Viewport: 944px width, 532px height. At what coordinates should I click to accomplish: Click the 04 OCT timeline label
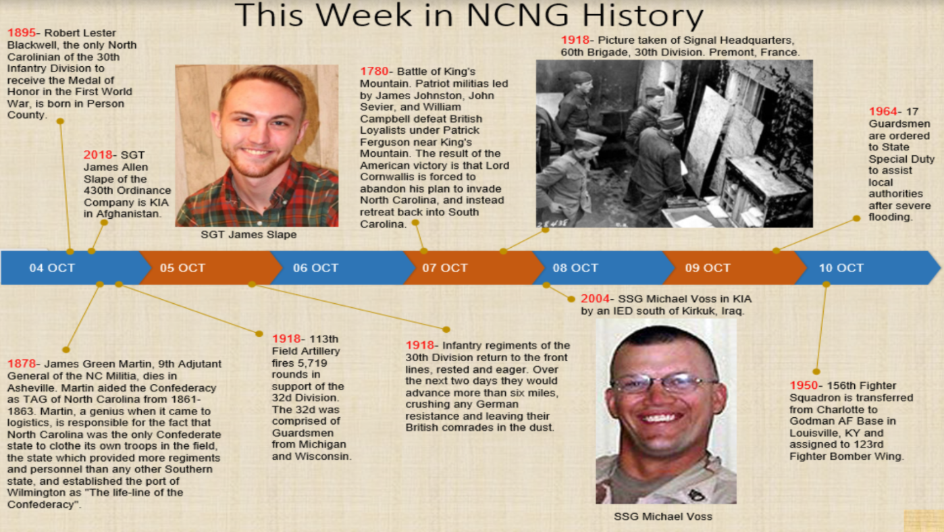(52, 268)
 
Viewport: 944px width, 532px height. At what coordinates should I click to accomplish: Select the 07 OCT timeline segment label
(445, 268)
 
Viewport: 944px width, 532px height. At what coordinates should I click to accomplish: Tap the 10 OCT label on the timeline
(841, 268)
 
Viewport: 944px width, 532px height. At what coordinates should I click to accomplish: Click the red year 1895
(22, 33)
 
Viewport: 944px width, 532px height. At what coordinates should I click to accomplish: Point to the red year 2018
(98, 155)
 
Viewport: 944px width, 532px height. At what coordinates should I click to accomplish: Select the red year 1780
(374, 72)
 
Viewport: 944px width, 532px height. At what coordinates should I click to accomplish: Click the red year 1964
(883, 111)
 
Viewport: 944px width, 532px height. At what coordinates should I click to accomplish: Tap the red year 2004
(595, 298)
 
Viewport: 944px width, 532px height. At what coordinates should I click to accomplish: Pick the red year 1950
(804, 385)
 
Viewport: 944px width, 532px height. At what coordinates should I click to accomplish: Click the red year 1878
(22, 364)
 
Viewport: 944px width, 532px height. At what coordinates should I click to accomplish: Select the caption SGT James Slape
(248, 235)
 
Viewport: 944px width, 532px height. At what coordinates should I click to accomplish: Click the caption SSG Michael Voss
(663, 516)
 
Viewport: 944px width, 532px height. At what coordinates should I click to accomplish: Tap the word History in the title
(643, 16)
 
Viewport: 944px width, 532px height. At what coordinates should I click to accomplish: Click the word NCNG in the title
(517, 15)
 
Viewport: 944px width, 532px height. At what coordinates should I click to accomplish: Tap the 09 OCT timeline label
(708, 268)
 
